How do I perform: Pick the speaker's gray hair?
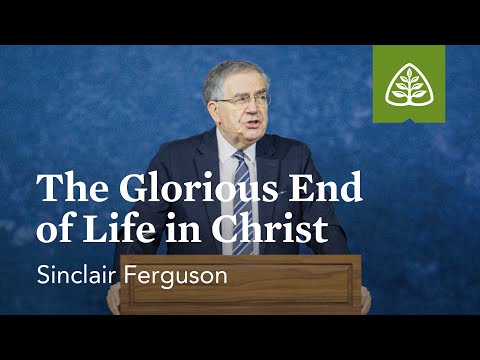click(x=240, y=72)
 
